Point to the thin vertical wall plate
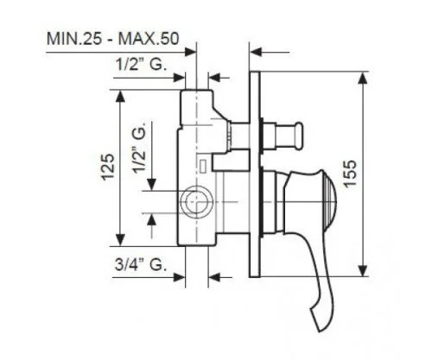pyautogui.click(x=254, y=173)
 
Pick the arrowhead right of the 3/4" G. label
pyautogui.click(x=180, y=277)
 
